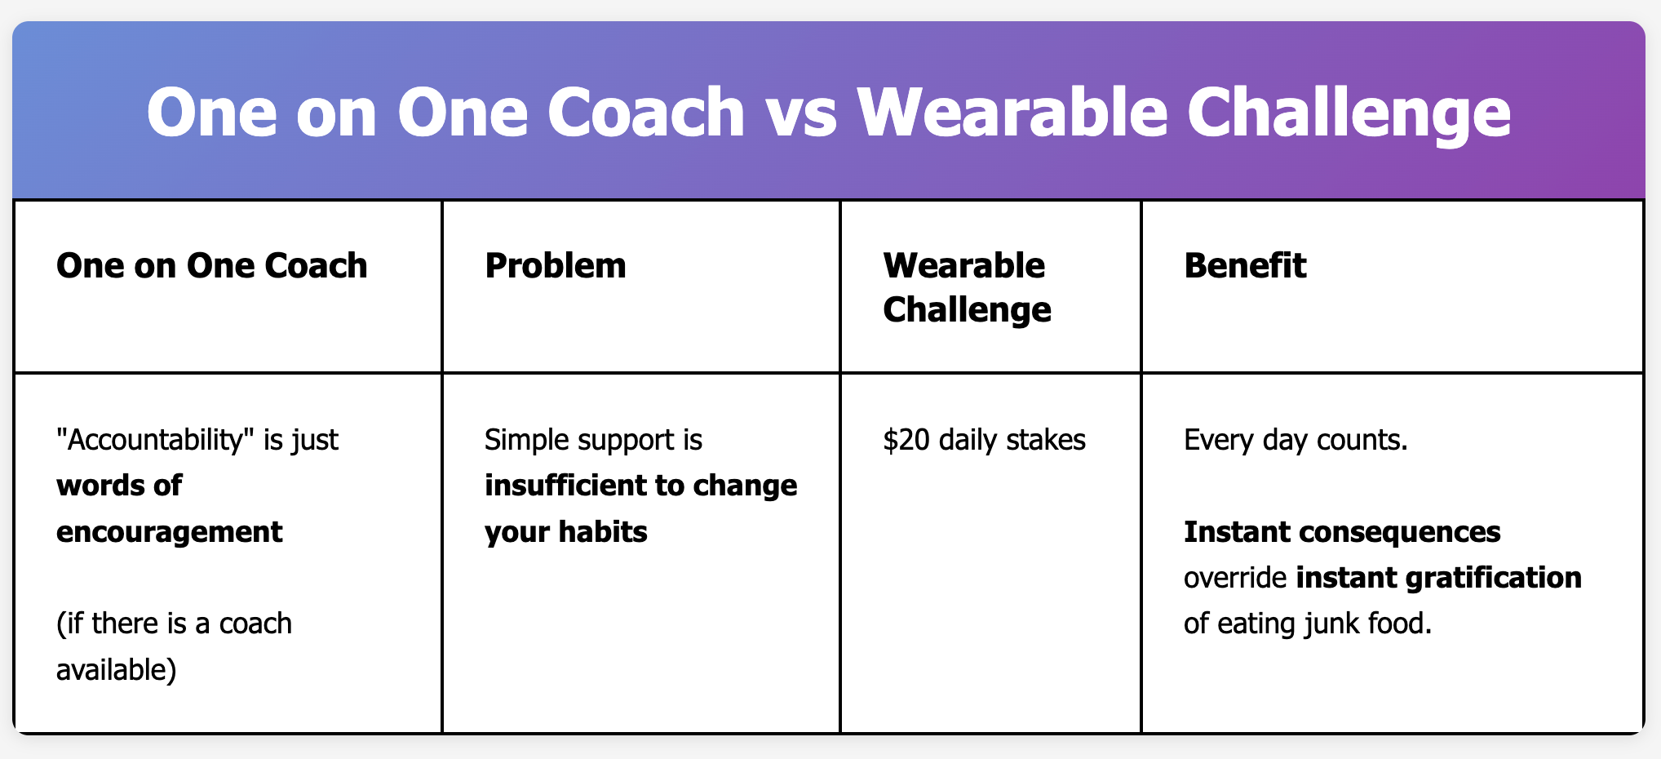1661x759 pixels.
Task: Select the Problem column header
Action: coord(556,265)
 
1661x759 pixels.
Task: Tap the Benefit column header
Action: coord(1245,265)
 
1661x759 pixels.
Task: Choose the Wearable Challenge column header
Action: coord(967,287)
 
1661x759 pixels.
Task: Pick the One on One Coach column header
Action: coord(212,265)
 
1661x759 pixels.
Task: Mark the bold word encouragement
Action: coord(170,532)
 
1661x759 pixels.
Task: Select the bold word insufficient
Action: coord(583,486)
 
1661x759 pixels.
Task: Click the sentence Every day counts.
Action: coord(1296,441)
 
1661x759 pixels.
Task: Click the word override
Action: coord(1236,578)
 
